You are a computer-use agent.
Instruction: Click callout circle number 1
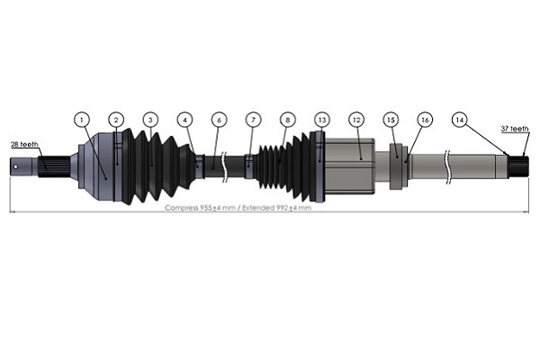point(82,119)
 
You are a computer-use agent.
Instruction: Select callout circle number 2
point(115,119)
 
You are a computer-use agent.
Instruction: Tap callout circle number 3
point(150,119)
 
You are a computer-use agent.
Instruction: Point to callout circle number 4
point(184,119)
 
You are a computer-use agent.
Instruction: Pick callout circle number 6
point(218,119)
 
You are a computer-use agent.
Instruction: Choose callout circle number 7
point(253,119)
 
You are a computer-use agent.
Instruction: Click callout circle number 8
point(287,119)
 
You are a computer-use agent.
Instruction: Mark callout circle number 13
point(321,119)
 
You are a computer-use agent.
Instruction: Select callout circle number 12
point(356,119)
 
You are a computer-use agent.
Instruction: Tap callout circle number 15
point(391,119)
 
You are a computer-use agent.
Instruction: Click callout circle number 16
point(425,119)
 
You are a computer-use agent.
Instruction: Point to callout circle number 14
point(460,119)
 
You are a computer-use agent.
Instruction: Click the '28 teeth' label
point(24,144)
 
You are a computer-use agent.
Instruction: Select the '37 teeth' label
point(514,129)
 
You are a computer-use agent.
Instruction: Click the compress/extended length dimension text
point(238,208)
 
